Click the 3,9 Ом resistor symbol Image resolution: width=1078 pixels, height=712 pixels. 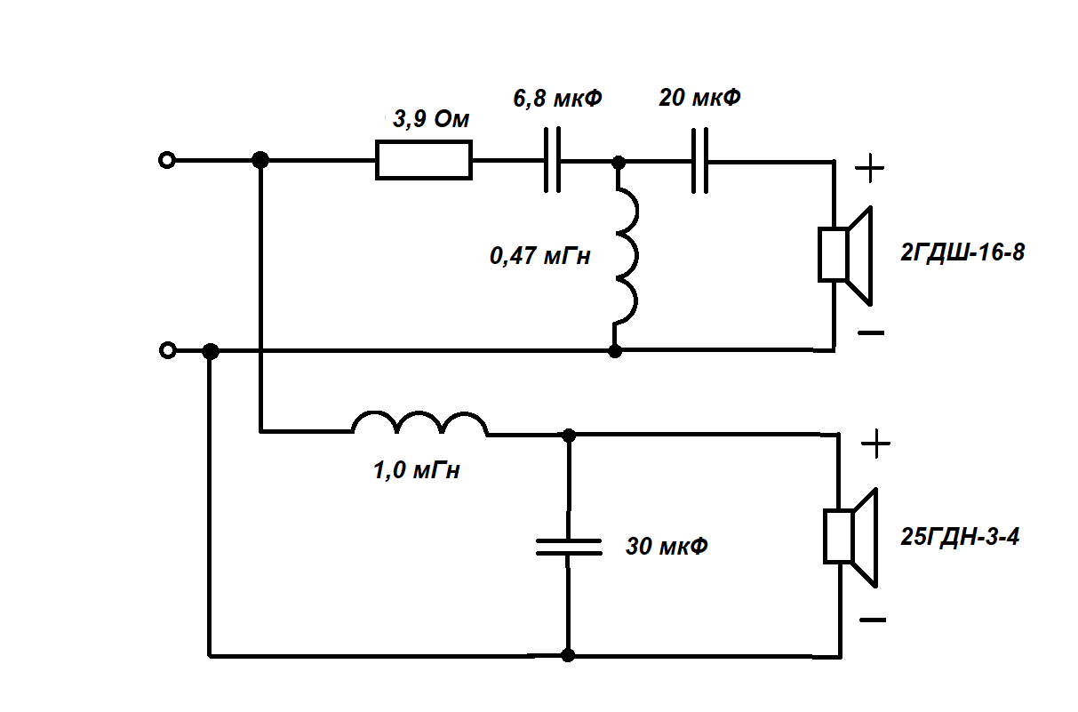tap(423, 161)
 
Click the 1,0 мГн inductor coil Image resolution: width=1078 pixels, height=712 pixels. tap(419, 425)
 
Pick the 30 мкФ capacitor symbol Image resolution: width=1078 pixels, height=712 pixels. tap(569, 546)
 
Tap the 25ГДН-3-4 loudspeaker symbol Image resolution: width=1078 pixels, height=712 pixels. tap(851, 537)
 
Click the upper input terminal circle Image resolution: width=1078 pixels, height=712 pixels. tap(165, 161)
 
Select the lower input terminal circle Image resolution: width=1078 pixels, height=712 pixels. tap(165, 350)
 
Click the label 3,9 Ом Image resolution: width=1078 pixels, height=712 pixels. tap(431, 119)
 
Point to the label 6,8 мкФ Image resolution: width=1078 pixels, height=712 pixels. tap(557, 99)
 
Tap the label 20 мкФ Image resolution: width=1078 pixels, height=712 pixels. tap(699, 98)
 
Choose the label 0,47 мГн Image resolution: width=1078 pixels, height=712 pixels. tap(539, 257)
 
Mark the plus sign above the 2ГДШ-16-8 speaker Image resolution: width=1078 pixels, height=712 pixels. tap(870, 169)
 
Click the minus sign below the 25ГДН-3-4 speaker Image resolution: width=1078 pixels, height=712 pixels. tap(874, 620)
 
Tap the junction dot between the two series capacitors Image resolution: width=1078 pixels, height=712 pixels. tap(619, 162)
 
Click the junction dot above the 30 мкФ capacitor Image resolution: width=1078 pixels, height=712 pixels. tap(569, 435)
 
